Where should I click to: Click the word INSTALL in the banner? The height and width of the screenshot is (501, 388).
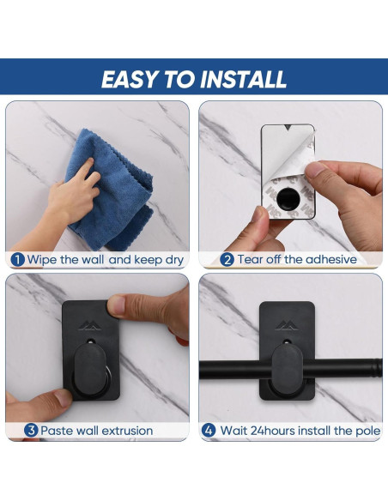243,79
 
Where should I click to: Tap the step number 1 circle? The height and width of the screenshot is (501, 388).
17,259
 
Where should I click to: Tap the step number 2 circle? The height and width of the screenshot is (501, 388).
227,259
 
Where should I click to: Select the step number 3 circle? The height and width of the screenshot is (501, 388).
31,431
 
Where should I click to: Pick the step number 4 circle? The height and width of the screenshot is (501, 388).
208,431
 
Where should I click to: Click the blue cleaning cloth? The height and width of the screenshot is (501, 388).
110,190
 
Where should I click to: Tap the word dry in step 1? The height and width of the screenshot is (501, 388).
174,260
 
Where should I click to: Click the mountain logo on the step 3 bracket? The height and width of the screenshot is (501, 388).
90,325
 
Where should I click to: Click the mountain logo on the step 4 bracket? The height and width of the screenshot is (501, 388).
287,325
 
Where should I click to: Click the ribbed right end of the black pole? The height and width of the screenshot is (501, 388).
377,368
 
